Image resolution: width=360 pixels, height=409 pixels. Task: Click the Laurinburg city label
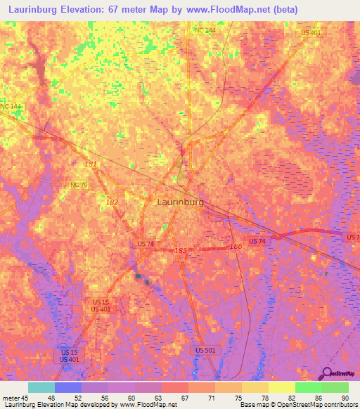click(x=179, y=202)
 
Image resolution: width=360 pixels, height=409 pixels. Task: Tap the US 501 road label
click(x=205, y=350)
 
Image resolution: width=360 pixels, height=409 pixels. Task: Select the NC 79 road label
click(x=79, y=185)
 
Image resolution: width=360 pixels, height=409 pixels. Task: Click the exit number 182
click(x=112, y=202)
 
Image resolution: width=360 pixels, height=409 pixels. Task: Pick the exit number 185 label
click(x=181, y=250)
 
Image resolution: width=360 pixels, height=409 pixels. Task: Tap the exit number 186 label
click(x=236, y=246)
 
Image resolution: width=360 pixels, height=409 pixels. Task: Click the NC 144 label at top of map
click(x=205, y=30)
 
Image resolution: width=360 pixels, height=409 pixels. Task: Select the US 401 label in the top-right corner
click(x=310, y=32)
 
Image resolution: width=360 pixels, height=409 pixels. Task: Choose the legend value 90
click(x=345, y=397)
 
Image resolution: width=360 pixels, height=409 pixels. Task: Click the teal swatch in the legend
click(x=41, y=387)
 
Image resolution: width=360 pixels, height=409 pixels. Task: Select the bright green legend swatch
click(x=308, y=387)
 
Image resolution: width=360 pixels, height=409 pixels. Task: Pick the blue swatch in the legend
click(x=67, y=387)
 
